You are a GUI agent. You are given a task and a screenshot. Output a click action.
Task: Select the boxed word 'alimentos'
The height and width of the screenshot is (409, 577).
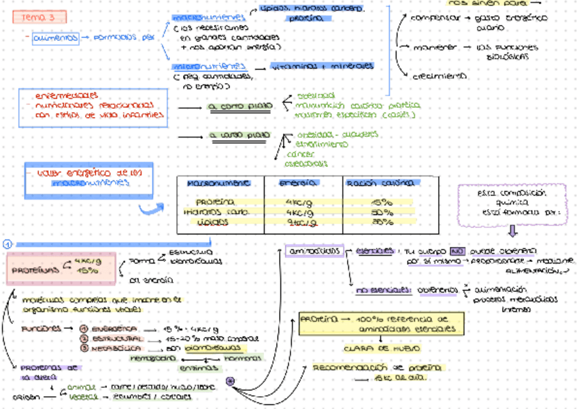click(x=55, y=38)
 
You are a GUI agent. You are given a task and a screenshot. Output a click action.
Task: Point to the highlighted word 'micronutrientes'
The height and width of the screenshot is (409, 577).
click(x=209, y=67)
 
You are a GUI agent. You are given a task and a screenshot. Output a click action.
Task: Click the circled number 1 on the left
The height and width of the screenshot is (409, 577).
click(x=7, y=244)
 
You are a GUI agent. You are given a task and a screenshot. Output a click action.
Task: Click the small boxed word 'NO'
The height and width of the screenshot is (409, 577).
click(x=457, y=250)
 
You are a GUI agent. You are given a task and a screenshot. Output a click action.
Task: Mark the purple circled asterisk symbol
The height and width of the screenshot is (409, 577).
click(x=231, y=380)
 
